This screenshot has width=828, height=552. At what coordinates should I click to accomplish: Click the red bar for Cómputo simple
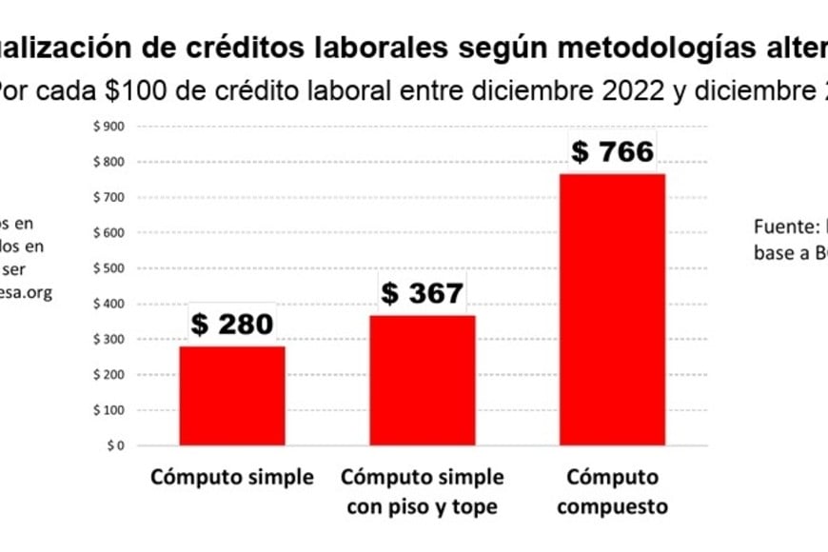[x=232, y=395]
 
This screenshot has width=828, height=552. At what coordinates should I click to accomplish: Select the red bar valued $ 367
[x=422, y=380]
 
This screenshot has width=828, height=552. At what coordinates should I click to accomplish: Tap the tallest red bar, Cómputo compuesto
[x=612, y=308]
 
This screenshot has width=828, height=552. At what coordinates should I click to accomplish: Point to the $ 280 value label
[x=232, y=325]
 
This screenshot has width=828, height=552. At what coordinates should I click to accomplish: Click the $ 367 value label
[x=423, y=294]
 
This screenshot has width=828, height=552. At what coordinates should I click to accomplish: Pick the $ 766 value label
[x=612, y=152]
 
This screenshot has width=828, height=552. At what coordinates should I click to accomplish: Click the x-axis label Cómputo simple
[x=231, y=478]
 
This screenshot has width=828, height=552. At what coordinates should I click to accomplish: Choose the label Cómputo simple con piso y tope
[x=422, y=492]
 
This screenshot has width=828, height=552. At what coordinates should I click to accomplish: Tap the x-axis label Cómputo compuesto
[x=612, y=492]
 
